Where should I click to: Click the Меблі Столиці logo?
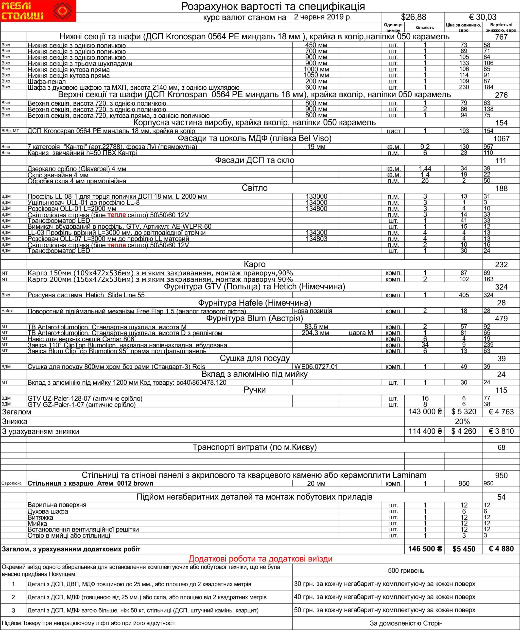click(x=38, y=11)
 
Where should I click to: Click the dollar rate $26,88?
click(x=413, y=17)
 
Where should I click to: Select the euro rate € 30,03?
click(x=482, y=17)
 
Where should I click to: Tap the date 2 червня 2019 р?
click(x=323, y=17)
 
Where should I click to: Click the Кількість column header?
click(x=424, y=28)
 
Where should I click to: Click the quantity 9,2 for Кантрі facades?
click(x=424, y=147)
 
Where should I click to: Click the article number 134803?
click(x=316, y=239)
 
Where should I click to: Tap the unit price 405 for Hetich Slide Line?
click(x=464, y=295)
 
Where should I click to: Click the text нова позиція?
click(x=313, y=311)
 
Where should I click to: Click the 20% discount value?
click(x=462, y=422)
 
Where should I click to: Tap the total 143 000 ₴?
click(x=425, y=412)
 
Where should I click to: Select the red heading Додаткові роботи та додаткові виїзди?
click(x=260, y=559)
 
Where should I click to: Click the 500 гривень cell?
click(x=406, y=570)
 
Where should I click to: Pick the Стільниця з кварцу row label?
click(x=90, y=483)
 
